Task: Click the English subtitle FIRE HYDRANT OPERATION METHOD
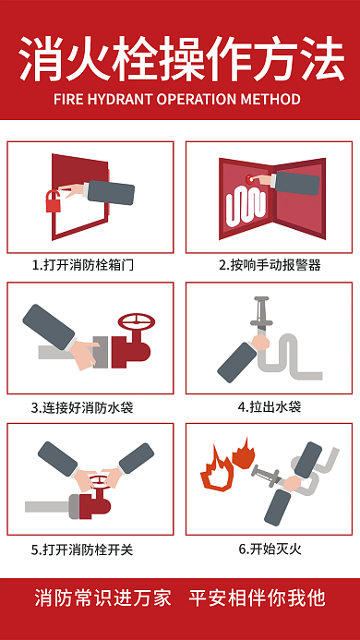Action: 180,99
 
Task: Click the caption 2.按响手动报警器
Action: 270,264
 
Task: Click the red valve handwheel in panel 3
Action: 139,324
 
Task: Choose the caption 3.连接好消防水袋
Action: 83,406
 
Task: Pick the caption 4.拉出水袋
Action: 270,406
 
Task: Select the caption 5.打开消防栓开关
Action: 83,549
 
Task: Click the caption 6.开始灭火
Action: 270,549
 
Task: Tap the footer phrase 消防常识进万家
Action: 103,598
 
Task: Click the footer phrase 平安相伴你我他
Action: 257,598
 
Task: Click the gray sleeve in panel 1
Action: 109,192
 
